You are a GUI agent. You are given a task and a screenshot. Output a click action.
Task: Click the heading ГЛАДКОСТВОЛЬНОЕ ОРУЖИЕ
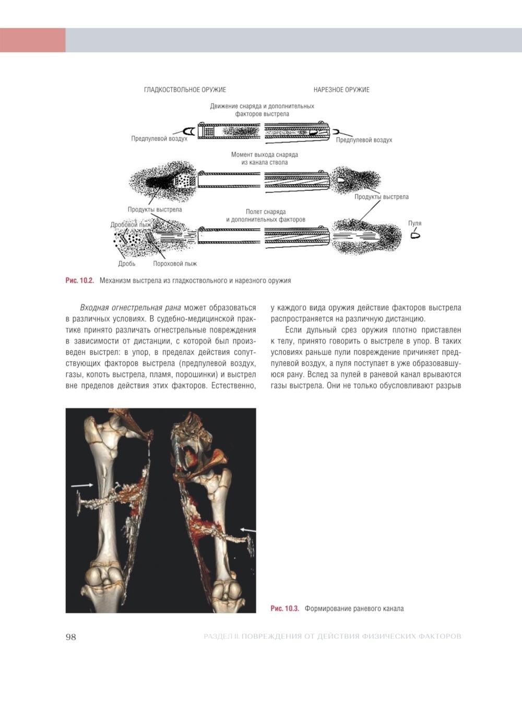(185, 90)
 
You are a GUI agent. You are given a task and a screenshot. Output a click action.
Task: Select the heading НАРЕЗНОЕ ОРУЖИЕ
(341, 90)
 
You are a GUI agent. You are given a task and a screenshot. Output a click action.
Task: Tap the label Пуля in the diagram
(414, 223)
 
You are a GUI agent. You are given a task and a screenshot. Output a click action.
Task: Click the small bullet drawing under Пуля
(416, 235)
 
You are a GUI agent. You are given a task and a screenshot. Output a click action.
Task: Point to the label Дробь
(126, 264)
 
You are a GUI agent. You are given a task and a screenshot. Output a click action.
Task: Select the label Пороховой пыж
(175, 264)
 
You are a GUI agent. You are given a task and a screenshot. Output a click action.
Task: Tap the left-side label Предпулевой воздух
(159, 139)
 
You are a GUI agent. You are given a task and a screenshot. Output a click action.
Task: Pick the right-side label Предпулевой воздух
(364, 140)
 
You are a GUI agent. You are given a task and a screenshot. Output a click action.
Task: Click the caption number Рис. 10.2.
(79, 280)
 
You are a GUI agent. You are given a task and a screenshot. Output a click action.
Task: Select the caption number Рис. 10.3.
(284, 608)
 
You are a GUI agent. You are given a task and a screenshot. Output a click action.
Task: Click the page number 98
(70, 637)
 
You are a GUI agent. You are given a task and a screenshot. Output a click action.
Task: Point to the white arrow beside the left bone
(82, 485)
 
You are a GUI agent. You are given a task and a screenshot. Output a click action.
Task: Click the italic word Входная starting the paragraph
(95, 307)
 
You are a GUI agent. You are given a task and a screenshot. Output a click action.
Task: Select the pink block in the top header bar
(32, 40)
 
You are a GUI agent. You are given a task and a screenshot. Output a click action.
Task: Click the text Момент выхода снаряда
(265, 155)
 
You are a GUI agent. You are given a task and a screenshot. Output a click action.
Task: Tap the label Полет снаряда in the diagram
(266, 212)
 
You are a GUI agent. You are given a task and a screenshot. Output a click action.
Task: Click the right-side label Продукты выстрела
(382, 197)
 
